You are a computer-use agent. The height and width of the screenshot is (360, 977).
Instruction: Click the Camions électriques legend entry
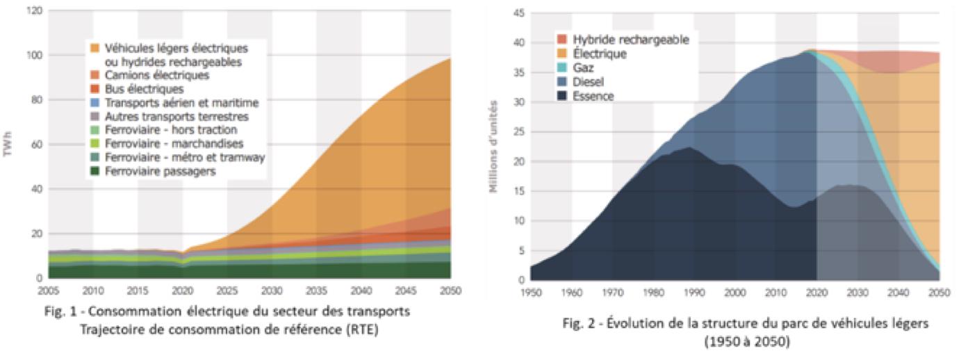tap(156, 75)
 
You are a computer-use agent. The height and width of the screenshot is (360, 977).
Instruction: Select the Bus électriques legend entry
tap(144, 89)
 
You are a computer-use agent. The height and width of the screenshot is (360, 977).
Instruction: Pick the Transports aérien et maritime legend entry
tap(181, 103)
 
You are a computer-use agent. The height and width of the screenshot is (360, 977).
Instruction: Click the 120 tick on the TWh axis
tap(35, 11)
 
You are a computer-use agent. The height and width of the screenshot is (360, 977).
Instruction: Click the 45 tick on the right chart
tap(518, 14)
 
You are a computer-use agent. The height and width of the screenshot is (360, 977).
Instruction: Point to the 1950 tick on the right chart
tap(531, 292)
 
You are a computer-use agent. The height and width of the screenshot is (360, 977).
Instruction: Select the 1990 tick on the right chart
tap(694, 292)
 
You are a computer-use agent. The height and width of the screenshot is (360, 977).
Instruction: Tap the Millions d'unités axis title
tap(494, 146)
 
